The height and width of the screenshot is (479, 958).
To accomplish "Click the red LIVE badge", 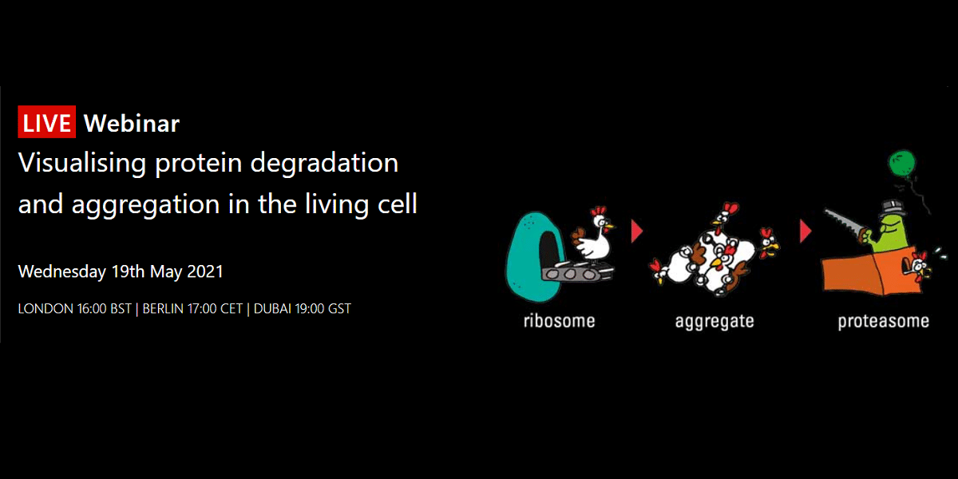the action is click(x=46, y=122).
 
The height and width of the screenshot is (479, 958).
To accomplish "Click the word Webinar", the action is click(x=132, y=124).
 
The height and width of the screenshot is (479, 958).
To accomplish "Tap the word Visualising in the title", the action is click(x=82, y=164).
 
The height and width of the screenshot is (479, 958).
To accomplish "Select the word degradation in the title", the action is click(x=324, y=164).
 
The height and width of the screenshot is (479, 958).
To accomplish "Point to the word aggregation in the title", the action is click(x=145, y=205).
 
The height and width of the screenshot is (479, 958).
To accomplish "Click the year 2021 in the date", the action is click(x=205, y=271).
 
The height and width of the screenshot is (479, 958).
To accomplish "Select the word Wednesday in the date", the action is click(x=62, y=272).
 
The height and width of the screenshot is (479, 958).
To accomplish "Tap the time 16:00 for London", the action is click(x=92, y=309).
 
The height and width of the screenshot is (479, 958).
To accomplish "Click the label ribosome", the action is click(x=560, y=321).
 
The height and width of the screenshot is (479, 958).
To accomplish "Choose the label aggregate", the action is click(x=715, y=322).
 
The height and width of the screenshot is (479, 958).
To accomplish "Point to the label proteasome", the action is click(x=884, y=322).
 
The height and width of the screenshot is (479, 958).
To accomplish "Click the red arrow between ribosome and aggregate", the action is click(x=637, y=232).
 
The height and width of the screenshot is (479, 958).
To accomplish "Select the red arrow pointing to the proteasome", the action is click(x=806, y=232).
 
